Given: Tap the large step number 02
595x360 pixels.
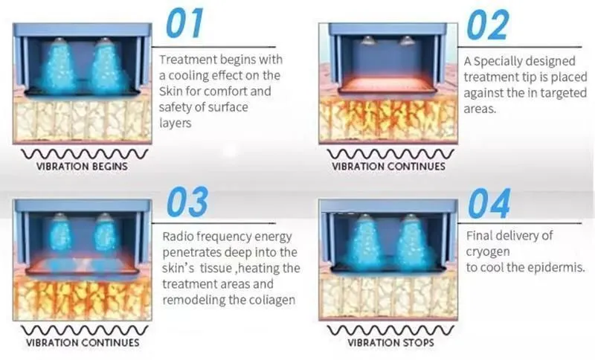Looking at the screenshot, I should click(x=490, y=26).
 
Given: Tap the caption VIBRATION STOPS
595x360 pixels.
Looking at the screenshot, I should click(x=391, y=344).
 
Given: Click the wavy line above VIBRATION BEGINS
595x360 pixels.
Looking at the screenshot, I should click(x=82, y=154).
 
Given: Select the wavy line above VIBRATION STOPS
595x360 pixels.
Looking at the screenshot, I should click(x=391, y=330).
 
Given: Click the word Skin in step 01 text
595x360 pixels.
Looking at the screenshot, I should click(x=173, y=91).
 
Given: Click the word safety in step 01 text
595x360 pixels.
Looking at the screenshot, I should click(x=178, y=107).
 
